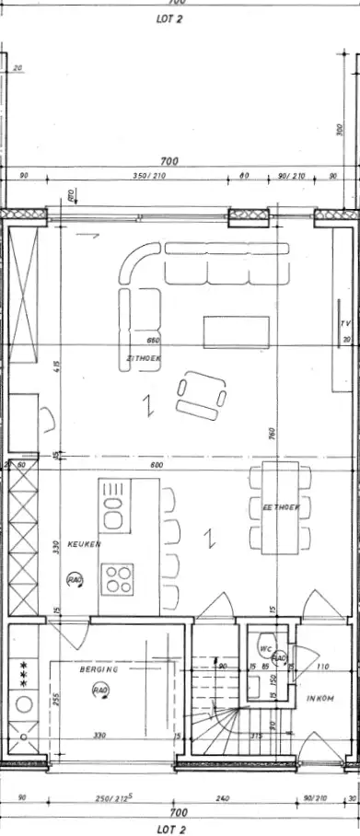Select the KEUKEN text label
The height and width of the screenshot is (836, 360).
click(x=84, y=544)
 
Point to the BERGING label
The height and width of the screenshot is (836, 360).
click(x=96, y=669)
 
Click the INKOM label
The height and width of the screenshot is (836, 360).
click(x=320, y=700)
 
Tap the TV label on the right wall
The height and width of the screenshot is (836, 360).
click(x=345, y=324)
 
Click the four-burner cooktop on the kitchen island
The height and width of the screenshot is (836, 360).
click(x=119, y=581)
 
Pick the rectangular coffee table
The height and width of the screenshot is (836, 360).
click(x=237, y=331)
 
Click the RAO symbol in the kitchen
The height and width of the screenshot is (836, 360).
click(x=74, y=579)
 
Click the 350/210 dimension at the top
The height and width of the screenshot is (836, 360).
click(x=147, y=175)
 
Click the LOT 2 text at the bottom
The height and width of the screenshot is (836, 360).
click(x=180, y=828)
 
